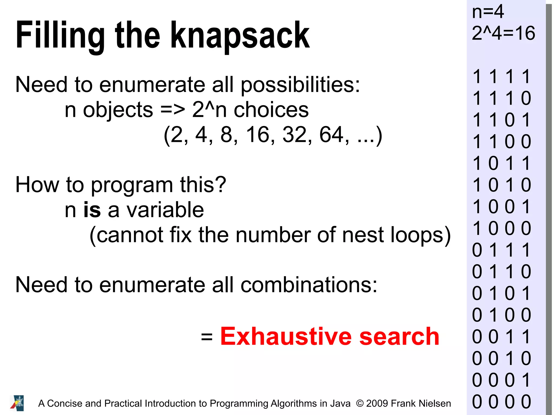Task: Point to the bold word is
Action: point(92,210)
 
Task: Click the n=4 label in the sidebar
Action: point(488,12)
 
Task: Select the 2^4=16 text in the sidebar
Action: point(503,33)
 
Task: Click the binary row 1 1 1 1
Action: point(502,77)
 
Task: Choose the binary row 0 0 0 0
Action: point(502,402)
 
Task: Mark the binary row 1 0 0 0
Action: point(502,228)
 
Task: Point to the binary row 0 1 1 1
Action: point(502,250)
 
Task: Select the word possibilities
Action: point(300,85)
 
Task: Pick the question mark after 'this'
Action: point(221,185)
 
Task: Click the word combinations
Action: point(309,285)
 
